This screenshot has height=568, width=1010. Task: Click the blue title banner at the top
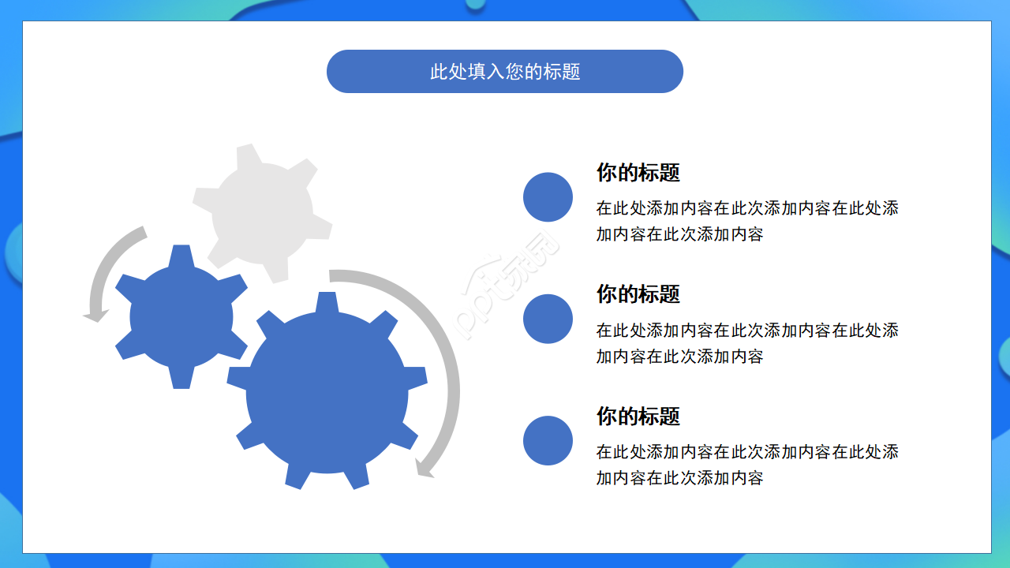pyautogui.click(x=504, y=72)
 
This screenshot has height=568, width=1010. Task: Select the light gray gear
pyautogui.click(x=263, y=212)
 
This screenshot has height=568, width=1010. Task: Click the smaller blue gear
pyautogui.click(x=181, y=316)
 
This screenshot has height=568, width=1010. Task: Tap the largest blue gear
pyautogui.click(x=327, y=392)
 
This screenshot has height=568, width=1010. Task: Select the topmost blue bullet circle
pyautogui.click(x=548, y=197)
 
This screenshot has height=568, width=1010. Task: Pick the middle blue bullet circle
pyautogui.click(x=548, y=319)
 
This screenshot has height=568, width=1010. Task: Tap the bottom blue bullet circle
pyautogui.click(x=548, y=440)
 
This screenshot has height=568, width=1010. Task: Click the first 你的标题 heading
pyautogui.click(x=638, y=173)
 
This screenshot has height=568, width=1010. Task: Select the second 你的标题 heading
pyautogui.click(x=638, y=294)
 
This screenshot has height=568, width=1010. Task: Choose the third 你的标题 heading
pyautogui.click(x=638, y=416)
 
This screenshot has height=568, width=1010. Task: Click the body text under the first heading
pyautogui.click(x=746, y=221)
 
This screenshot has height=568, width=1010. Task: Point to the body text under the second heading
pyautogui.click(x=746, y=342)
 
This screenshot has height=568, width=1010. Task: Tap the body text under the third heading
pyautogui.click(x=746, y=465)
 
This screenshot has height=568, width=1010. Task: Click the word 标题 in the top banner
pyautogui.click(x=562, y=72)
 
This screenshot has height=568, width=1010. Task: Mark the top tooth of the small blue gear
pyautogui.click(x=181, y=255)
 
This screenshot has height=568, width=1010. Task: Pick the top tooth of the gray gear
pyautogui.click(x=249, y=154)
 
